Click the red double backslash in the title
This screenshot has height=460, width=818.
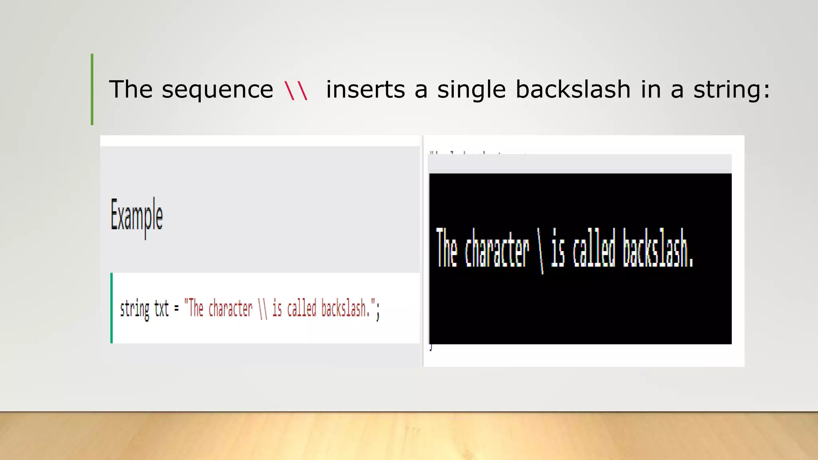[x=296, y=90]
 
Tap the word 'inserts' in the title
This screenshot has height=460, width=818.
[x=365, y=89]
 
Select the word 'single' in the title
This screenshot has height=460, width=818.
[x=471, y=89]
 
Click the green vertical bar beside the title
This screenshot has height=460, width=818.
[x=92, y=89]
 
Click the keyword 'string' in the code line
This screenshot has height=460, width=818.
[x=135, y=309]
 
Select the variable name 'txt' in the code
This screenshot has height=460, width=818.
[x=161, y=309]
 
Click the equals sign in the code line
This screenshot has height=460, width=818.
[x=176, y=309]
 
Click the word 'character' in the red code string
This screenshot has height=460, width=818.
[x=230, y=309]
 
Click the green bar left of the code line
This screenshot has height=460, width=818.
[x=111, y=308]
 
